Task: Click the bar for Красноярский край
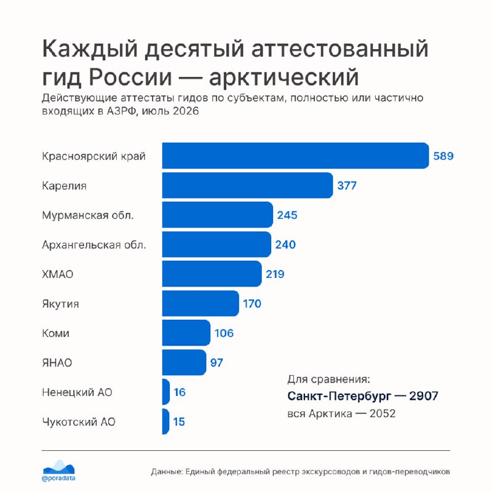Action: pyautogui.click(x=296, y=156)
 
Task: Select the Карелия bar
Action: pyautogui.click(x=248, y=185)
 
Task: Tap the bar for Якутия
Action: pyautogui.click(x=200, y=303)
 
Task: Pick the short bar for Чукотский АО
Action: pyautogui.click(x=165, y=421)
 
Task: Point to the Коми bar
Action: pyautogui.click(x=186, y=333)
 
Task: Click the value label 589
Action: pyautogui.click(x=443, y=156)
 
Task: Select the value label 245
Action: pyautogui.click(x=287, y=215)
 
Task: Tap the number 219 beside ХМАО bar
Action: pyautogui.click(x=275, y=274)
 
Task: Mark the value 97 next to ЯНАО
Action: pyautogui.click(x=216, y=363)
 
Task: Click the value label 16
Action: pyautogui.click(x=180, y=392)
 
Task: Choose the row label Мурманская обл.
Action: pyautogui.click(x=88, y=215)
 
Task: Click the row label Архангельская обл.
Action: pyautogui.click(x=94, y=245)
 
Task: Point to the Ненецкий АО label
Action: pyautogui.click(x=77, y=392)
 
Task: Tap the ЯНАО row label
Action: pyautogui.click(x=57, y=363)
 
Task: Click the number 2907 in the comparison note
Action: pyautogui.click(x=424, y=396)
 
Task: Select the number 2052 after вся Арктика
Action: pyautogui.click(x=383, y=413)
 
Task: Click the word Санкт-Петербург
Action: pyautogui.click(x=339, y=396)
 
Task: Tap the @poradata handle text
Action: pyautogui.click(x=58, y=478)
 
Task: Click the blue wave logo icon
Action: pyautogui.click(x=58, y=467)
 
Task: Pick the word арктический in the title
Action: pyautogui.click(x=284, y=77)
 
